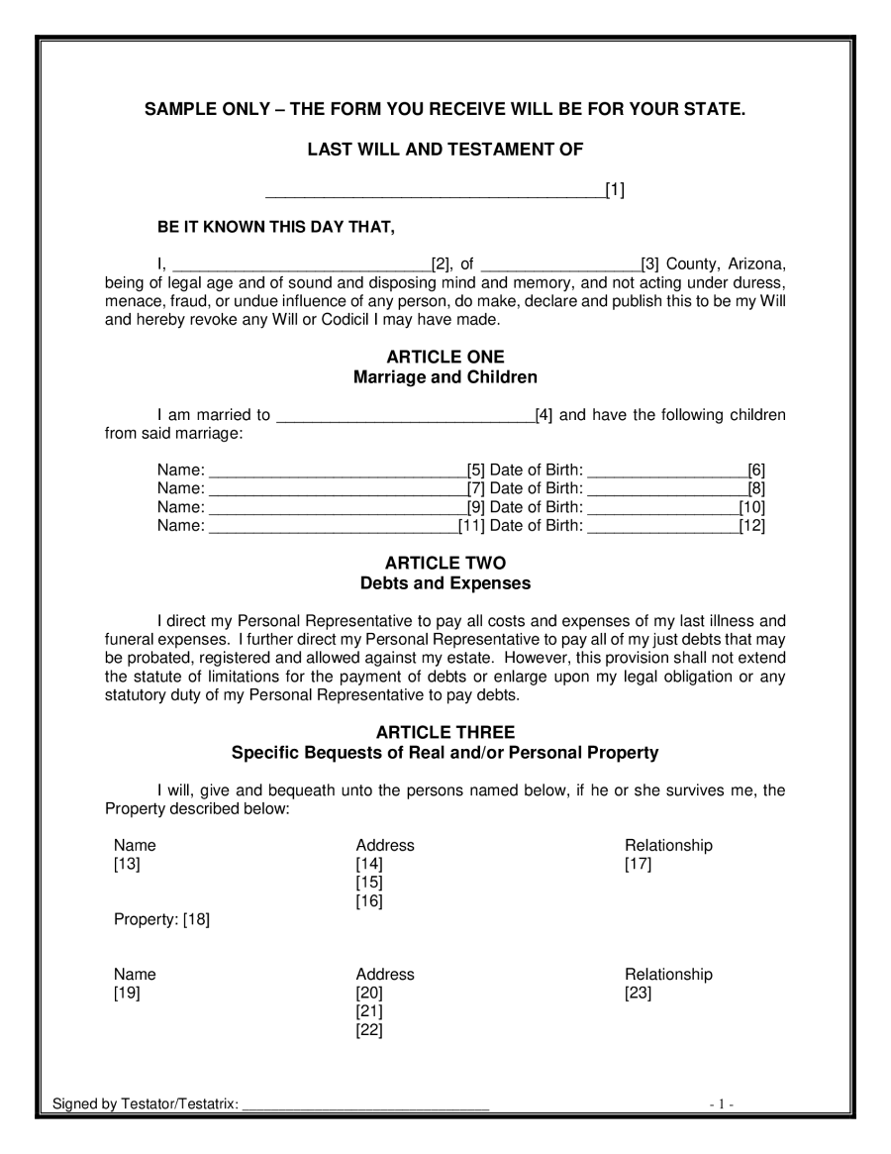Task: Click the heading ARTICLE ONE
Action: pyautogui.click(x=445, y=357)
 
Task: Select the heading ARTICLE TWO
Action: pyautogui.click(x=445, y=563)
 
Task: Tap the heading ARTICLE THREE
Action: pyautogui.click(x=445, y=732)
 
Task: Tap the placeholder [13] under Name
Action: pyautogui.click(x=128, y=865)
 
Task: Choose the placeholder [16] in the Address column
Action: pyautogui.click(x=369, y=901)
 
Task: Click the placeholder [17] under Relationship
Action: pyautogui.click(x=638, y=865)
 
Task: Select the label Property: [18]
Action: pyautogui.click(x=161, y=920)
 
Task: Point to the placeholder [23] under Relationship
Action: pyautogui.click(x=638, y=994)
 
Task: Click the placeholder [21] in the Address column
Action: pyautogui.click(x=369, y=1011)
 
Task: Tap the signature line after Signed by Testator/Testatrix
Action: pyautogui.click(x=365, y=1105)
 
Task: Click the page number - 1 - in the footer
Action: pyautogui.click(x=721, y=1105)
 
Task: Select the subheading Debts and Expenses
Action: pyautogui.click(x=445, y=583)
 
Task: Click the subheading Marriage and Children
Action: pyautogui.click(x=445, y=377)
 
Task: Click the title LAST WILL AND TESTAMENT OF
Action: pyautogui.click(x=445, y=150)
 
